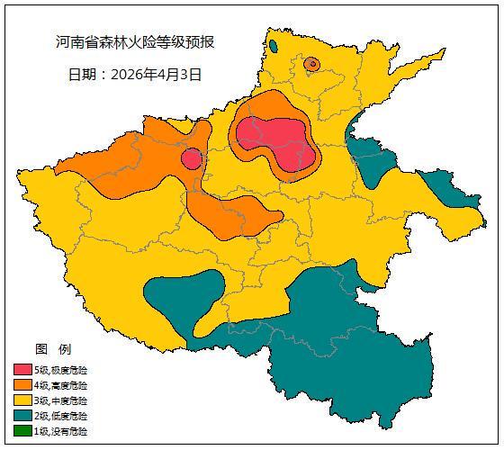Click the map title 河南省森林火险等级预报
(x=135, y=42)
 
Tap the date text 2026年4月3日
(x=157, y=74)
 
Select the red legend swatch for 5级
(x=22, y=370)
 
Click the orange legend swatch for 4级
(x=22, y=385)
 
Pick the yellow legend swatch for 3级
(x=22, y=400)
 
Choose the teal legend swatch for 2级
(x=22, y=416)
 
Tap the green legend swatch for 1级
(x=22, y=431)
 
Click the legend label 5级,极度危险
(x=61, y=370)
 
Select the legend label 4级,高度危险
(x=61, y=385)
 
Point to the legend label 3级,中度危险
(x=61, y=400)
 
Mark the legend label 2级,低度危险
(x=61, y=416)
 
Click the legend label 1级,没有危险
(x=61, y=431)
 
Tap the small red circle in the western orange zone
(x=191, y=159)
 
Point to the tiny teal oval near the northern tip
(x=273, y=45)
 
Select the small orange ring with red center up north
(x=311, y=63)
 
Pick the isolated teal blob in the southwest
(x=184, y=297)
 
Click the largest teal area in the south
(x=342, y=351)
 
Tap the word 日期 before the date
(x=83, y=74)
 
